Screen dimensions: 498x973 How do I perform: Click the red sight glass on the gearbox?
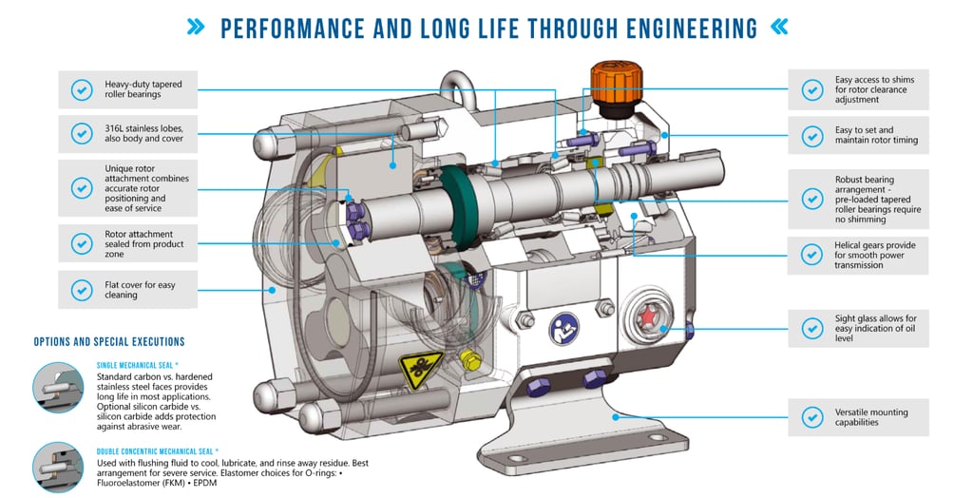[x=651, y=316]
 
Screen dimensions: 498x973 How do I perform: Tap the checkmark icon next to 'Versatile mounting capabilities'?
[x=811, y=417]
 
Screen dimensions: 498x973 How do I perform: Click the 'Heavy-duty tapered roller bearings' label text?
[x=143, y=89]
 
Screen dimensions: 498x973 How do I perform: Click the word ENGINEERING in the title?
[x=666, y=28]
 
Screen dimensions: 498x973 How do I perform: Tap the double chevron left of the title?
[x=197, y=28]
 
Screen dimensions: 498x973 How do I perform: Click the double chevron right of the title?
[x=779, y=28]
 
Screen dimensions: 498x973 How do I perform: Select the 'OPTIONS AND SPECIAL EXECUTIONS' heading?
[x=109, y=341]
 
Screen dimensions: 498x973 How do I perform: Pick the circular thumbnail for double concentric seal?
[x=58, y=467]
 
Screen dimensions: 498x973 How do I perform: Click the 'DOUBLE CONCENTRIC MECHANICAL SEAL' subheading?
[x=158, y=451]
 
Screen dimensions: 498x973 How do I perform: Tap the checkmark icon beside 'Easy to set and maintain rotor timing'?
[x=811, y=136]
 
